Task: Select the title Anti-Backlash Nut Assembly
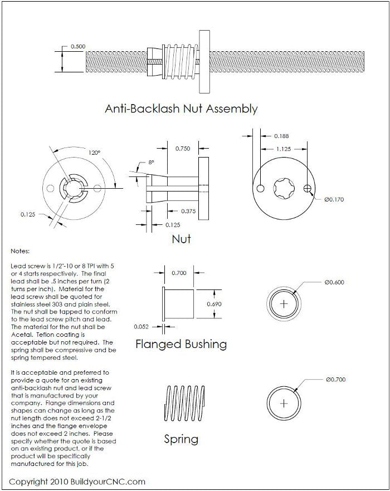coord(181,109)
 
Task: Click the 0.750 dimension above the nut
coord(183,149)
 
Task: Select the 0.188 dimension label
coord(281,136)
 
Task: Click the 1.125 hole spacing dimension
coord(284,149)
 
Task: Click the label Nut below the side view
coord(181,239)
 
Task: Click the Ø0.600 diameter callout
coord(334,282)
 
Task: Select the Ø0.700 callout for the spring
coord(334,380)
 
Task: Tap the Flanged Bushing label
coord(181,344)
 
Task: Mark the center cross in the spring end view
coord(285,402)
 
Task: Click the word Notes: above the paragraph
coord(21,252)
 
